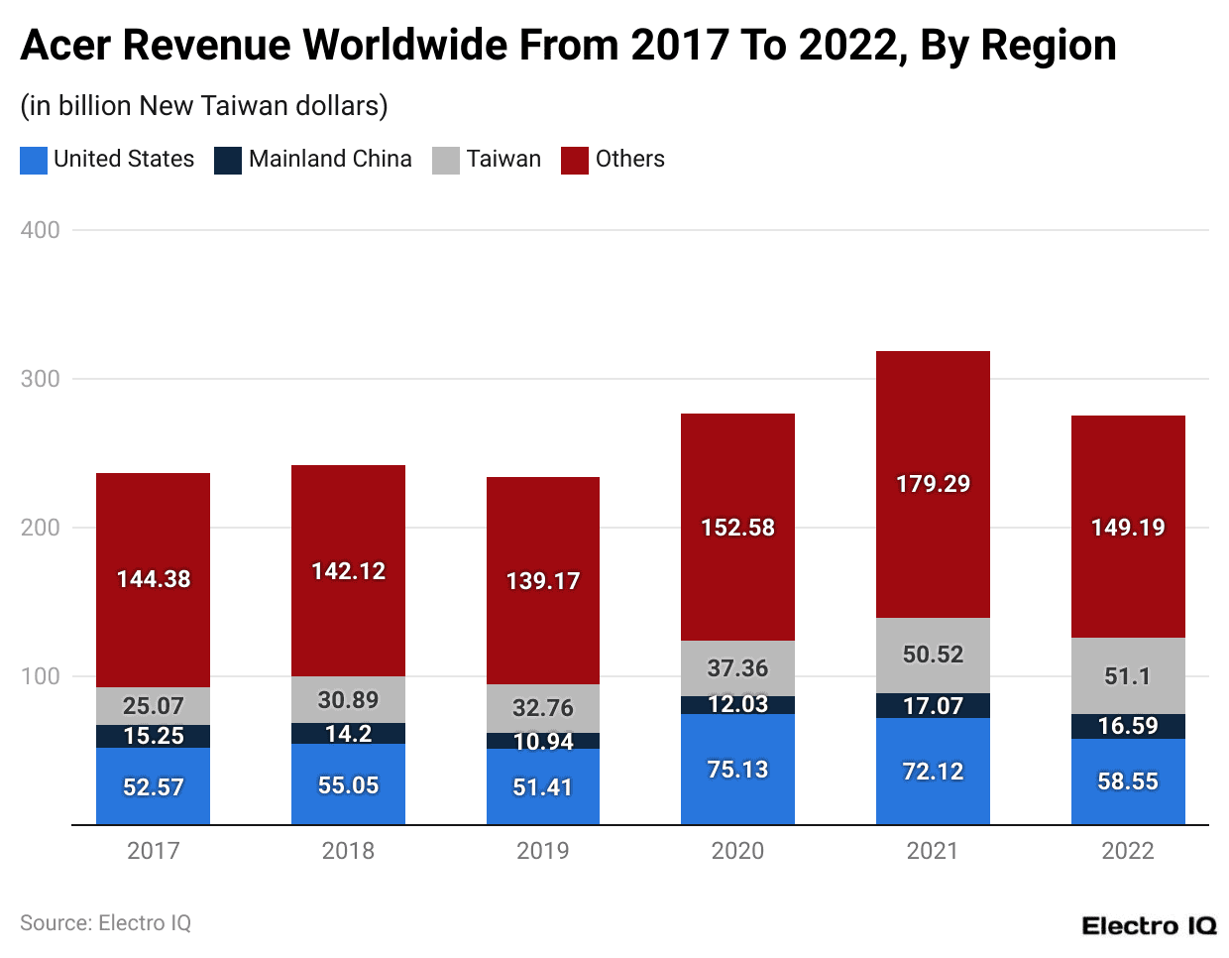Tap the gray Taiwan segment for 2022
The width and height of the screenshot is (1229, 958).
[x=1128, y=675]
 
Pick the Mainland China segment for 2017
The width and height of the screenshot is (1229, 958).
[x=153, y=736]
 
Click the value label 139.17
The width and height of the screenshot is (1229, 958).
[x=542, y=581]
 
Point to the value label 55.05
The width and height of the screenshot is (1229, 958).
[x=348, y=785]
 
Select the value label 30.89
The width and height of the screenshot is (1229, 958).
[x=348, y=700]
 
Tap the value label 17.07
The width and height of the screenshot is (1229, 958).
[x=933, y=706]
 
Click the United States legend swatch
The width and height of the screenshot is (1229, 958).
[x=34, y=161]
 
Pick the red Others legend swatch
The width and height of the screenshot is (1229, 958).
[x=575, y=161]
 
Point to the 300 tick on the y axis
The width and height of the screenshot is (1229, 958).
[x=41, y=379]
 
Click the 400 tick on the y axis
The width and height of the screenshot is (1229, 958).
[x=41, y=230]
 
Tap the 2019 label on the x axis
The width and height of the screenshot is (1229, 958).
[x=542, y=851]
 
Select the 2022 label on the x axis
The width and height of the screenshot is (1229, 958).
[x=1128, y=851]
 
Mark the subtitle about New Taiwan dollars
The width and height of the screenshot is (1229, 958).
[x=204, y=106]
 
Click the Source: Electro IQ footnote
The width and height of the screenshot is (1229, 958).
[x=105, y=923]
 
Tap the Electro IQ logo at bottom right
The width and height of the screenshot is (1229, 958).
[x=1149, y=926]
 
